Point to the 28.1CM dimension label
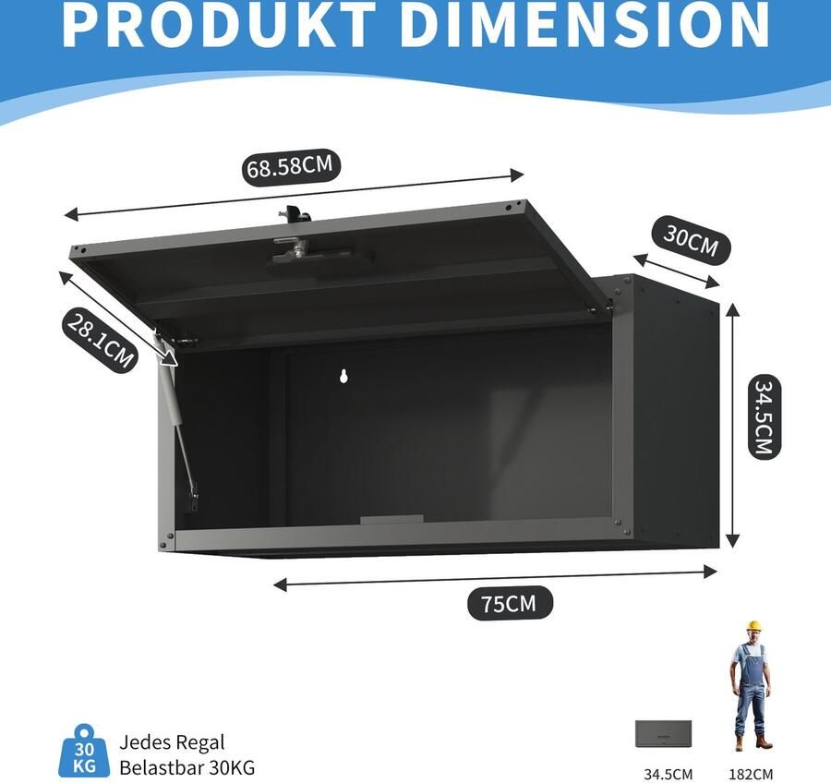pos(100,341)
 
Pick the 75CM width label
pos(508,604)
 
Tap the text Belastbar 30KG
pos(187,766)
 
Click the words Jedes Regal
pos(173,741)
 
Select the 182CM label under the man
pos(750,774)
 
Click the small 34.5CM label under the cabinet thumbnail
pos(668,774)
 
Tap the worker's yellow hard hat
pos(753,626)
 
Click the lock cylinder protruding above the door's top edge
pos(295,214)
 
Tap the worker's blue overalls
pos(752,688)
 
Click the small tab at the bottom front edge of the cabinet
pos(391,521)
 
